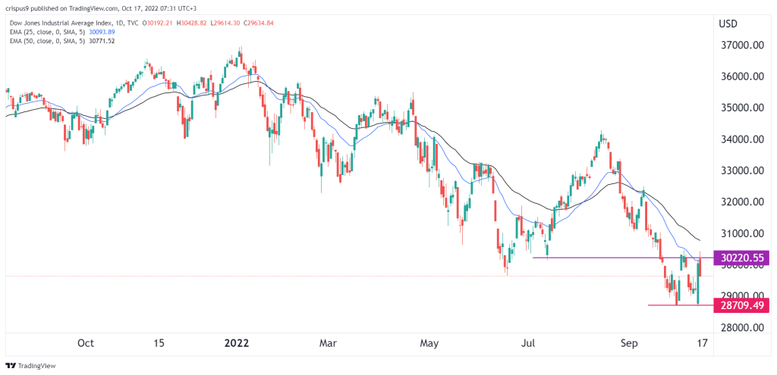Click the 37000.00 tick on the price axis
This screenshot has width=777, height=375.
tap(740, 45)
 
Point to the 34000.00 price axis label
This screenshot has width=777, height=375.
tap(740, 139)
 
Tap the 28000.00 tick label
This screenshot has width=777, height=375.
tap(740, 327)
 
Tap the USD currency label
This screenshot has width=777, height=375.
tap(728, 23)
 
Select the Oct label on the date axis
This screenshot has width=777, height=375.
tap(86, 343)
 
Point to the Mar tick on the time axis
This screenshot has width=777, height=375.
tap(327, 343)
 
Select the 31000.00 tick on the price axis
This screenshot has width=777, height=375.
tap(740, 233)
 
